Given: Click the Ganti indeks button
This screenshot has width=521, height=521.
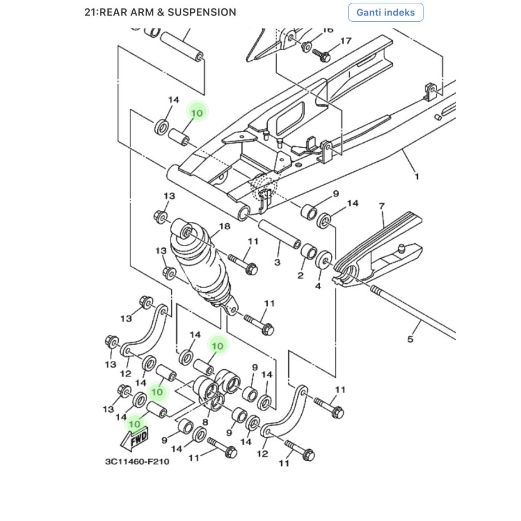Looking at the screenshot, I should (385, 12).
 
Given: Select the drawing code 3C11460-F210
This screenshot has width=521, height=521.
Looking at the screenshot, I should (137, 461).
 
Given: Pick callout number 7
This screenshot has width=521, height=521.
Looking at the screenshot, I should (382, 206).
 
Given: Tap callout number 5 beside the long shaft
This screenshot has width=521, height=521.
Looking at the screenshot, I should (410, 339).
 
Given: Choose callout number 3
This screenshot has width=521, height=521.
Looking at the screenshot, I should (277, 262).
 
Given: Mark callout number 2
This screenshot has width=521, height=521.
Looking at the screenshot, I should (300, 276).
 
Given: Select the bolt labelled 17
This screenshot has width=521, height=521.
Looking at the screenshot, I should (322, 55).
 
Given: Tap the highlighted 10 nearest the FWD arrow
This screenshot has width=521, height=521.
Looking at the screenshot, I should (134, 423).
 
